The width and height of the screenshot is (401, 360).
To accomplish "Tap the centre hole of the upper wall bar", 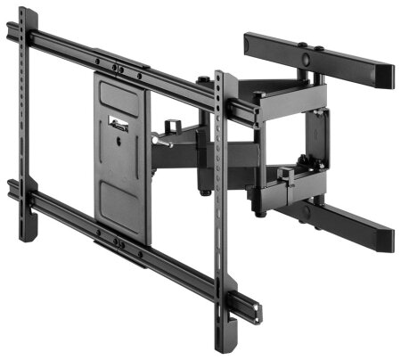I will click(307, 59).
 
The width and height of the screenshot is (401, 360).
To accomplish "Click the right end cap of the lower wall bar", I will click(389, 237).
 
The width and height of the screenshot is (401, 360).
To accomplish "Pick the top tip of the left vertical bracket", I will click(24, 13).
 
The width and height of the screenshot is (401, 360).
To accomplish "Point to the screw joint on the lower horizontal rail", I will click(116, 241).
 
